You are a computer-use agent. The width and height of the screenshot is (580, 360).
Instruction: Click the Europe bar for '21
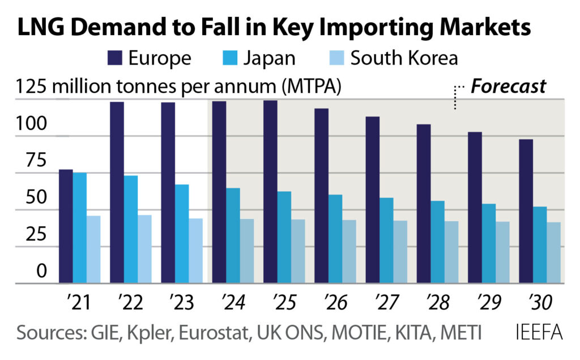(66, 226)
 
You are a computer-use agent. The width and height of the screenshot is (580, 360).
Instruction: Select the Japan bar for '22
(131, 229)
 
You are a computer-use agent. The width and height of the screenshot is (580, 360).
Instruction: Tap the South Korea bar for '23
(195, 251)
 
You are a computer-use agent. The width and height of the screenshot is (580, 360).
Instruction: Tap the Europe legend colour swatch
(114, 58)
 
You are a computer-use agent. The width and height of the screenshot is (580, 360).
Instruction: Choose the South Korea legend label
(404, 58)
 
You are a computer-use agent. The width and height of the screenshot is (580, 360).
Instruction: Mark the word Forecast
(508, 86)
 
